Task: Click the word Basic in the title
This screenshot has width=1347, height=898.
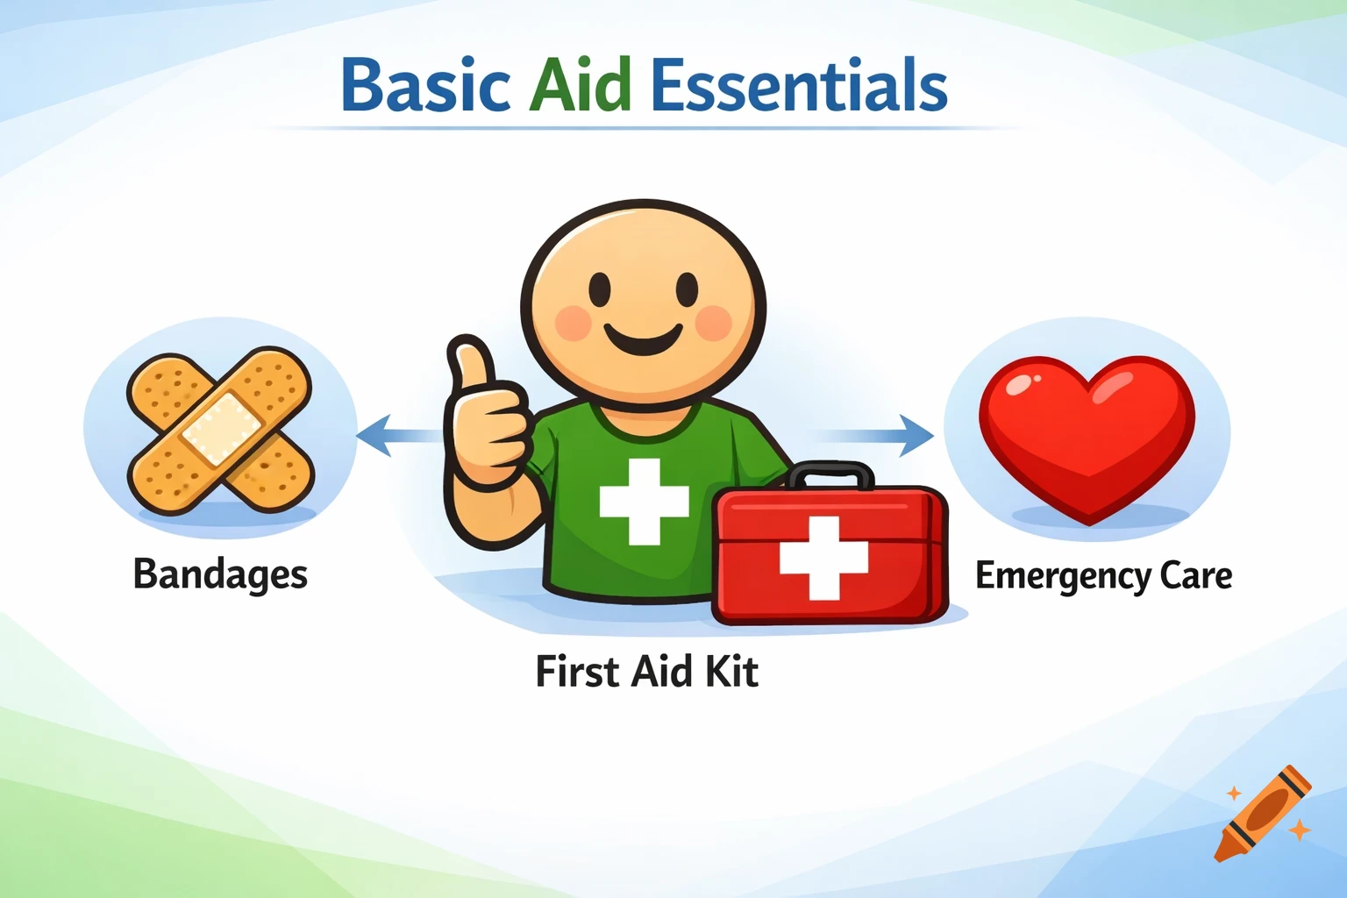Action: coord(425,86)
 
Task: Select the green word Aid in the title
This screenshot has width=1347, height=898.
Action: coord(581,86)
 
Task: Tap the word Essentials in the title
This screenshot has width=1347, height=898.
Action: coord(799,86)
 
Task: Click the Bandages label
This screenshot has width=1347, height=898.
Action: coord(220,575)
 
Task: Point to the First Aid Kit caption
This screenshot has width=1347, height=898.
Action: coord(646,672)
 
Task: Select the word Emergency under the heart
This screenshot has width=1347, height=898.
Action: coord(1063,576)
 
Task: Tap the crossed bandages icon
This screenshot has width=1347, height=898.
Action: coord(220,430)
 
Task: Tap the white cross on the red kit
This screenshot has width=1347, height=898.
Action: coord(823,558)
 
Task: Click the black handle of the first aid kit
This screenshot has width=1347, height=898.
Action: coord(830,474)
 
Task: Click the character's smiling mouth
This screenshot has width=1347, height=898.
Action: coord(644,339)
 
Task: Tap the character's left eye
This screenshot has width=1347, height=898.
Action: coord(600,289)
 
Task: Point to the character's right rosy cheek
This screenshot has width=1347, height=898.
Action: coord(713,323)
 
